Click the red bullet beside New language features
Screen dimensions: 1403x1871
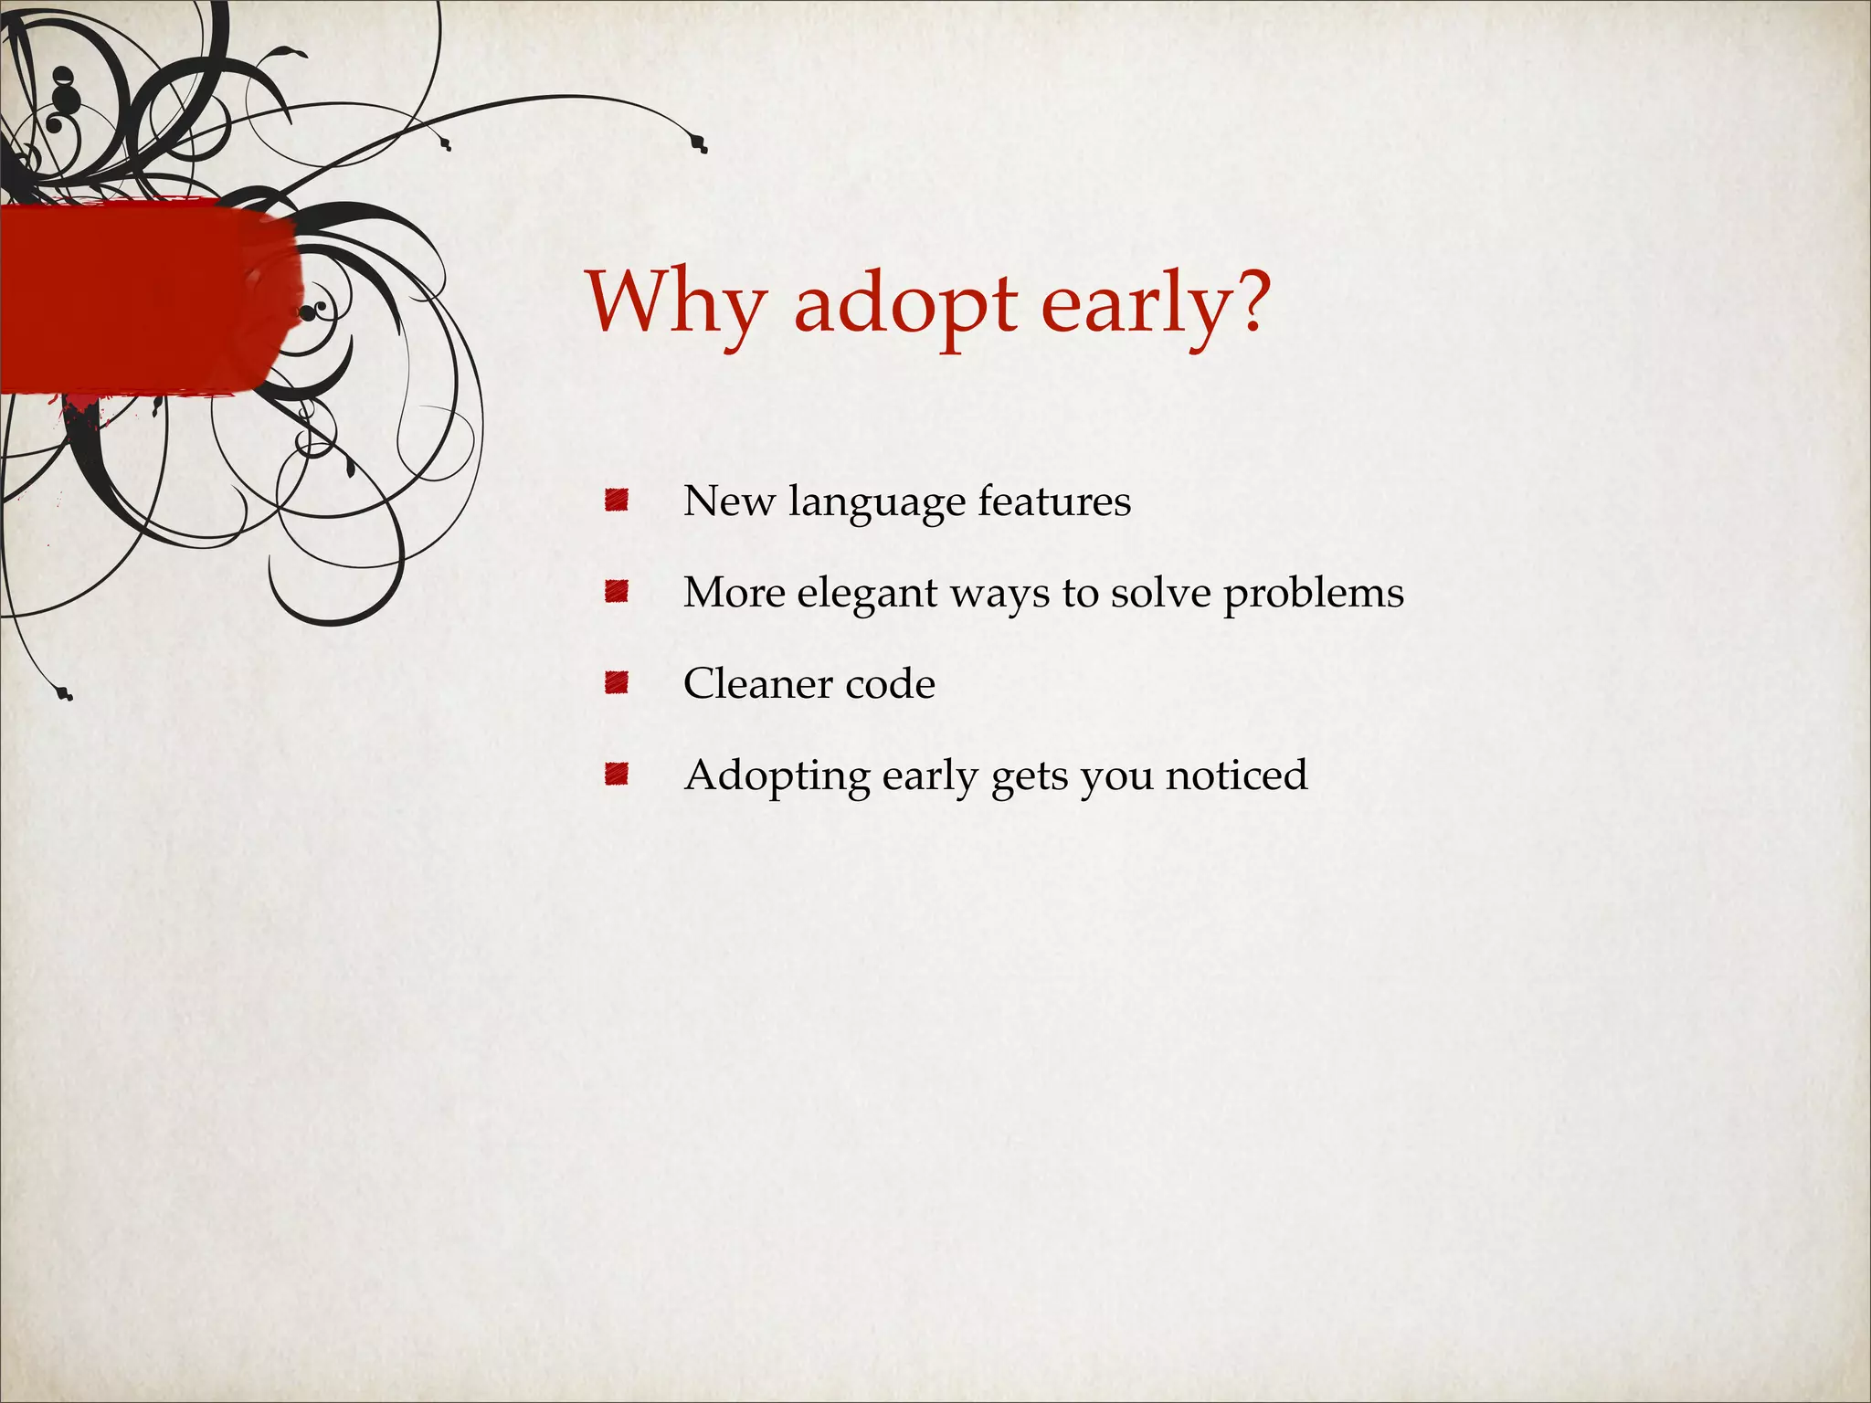pos(617,501)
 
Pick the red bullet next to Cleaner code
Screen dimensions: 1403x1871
pos(617,683)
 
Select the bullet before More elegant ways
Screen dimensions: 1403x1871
pos(617,592)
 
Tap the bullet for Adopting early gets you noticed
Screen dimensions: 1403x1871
pos(617,775)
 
